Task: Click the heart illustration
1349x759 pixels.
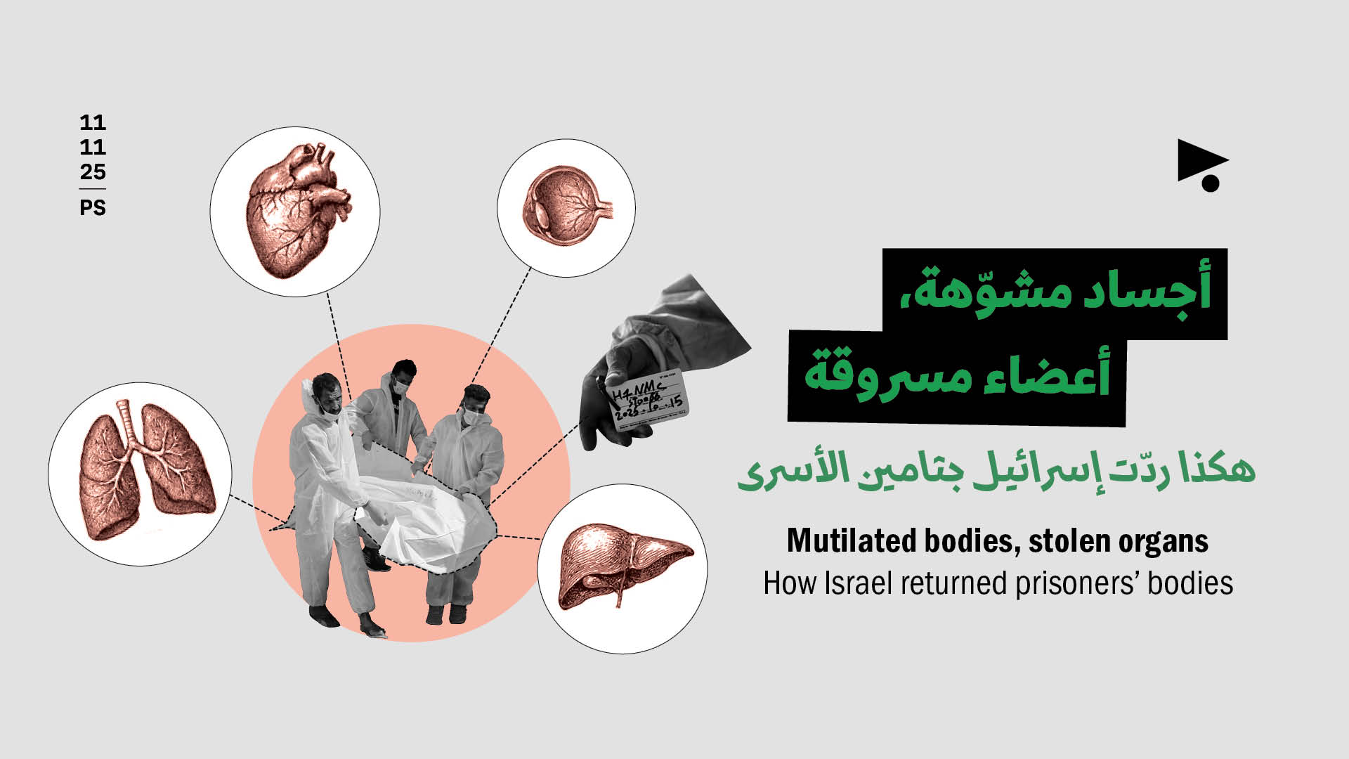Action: (x=295, y=211)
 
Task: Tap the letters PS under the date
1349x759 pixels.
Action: (x=93, y=208)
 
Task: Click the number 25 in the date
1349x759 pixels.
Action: (x=93, y=171)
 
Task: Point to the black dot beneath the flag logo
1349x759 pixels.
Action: (x=1211, y=183)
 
